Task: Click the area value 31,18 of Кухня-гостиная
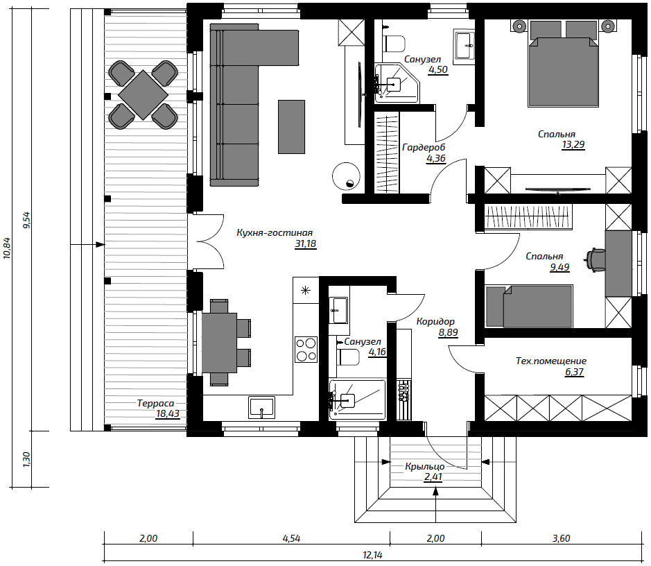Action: (x=306, y=243)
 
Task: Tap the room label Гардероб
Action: (x=424, y=148)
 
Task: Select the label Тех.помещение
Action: (x=551, y=361)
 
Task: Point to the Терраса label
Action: (x=155, y=403)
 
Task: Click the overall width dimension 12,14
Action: (x=372, y=554)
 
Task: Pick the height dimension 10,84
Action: (x=7, y=248)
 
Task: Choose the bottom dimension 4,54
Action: (x=291, y=538)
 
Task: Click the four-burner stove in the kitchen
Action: (x=306, y=349)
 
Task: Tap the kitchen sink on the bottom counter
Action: (x=262, y=407)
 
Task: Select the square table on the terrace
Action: (x=144, y=95)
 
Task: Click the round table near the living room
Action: (x=346, y=176)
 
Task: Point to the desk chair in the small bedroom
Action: (x=596, y=260)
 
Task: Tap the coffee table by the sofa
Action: (x=291, y=127)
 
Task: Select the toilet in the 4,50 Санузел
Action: (x=394, y=44)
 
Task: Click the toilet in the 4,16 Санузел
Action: (x=348, y=357)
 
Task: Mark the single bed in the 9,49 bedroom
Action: (x=529, y=306)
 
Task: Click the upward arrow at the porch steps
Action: (x=435, y=504)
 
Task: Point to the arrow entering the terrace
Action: (x=87, y=245)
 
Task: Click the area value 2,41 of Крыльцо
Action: (x=433, y=477)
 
